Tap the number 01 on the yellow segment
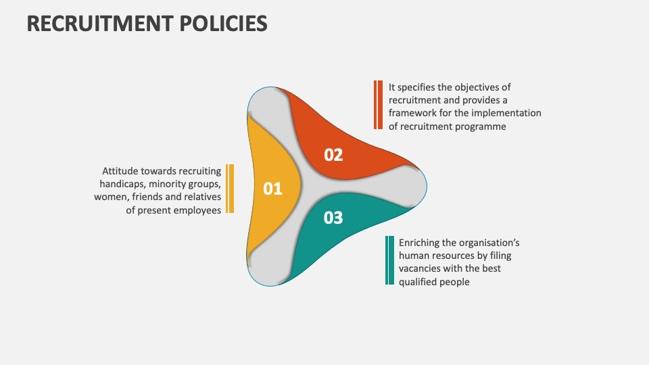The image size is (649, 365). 272,189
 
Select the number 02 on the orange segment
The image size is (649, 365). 333,155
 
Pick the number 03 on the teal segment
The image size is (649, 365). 333,218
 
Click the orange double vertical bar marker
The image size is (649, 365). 378,105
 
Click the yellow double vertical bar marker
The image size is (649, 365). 230,189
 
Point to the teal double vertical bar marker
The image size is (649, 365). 389,260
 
